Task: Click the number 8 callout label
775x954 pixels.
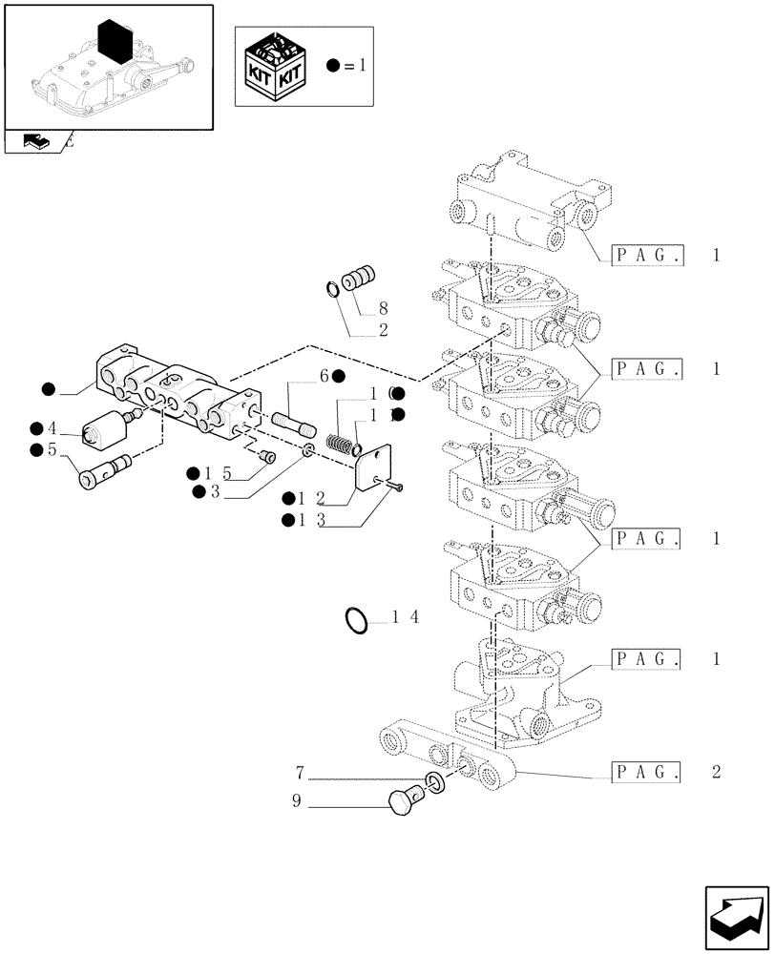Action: pyautogui.click(x=382, y=309)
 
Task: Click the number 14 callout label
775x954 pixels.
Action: pyautogui.click(x=405, y=617)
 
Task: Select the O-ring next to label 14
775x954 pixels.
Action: pyautogui.click(x=357, y=620)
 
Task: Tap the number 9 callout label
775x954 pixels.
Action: pyautogui.click(x=298, y=802)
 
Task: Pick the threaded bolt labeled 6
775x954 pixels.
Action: pyautogui.click(x=293, y=420)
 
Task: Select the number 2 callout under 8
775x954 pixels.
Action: pyautogui.click(x=382, y=331)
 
